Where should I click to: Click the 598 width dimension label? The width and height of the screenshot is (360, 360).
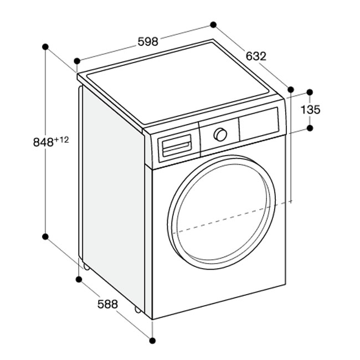pyautogui.click(x=147, y=41)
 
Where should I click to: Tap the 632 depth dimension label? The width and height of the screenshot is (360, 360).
pyautogui.click(x=256, y=56)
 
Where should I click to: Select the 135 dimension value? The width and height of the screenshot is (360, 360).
pyautogui.click(x=310, y=110)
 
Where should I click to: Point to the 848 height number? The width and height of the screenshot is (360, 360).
pyautogui.click(x=43, y=142)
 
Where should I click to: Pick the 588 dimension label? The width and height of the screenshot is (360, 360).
pyautogui.click(x=107, y=304)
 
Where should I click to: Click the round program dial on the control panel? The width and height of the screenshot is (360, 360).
pyautogui.click(x=220, y=135)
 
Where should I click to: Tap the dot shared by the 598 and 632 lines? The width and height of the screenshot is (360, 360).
pyautogui.click(x=213, y=25)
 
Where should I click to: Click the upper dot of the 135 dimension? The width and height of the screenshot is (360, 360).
pyautogui.click(x=310, y=91)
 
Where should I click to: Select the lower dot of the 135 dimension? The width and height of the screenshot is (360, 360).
pyautogui.click(x=310, y=128)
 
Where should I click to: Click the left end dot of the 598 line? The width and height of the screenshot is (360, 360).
pyautogui.click(x=77, y=60)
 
